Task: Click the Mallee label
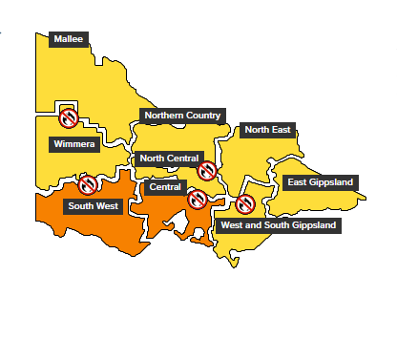[68, 39]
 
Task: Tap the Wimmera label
[73, 144]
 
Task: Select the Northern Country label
[182, 116]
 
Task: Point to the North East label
[268, 130]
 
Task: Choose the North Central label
[169, 159]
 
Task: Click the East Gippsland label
[320, 182]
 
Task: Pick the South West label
[93, 205]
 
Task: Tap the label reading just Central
[165, 187]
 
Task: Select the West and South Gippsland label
[277, 226]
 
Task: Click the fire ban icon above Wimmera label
[69, 118]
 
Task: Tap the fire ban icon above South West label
[88, 184]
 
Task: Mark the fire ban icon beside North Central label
[207, 171]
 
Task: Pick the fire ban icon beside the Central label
[198, 199]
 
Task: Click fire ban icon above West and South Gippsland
[245, 204]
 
